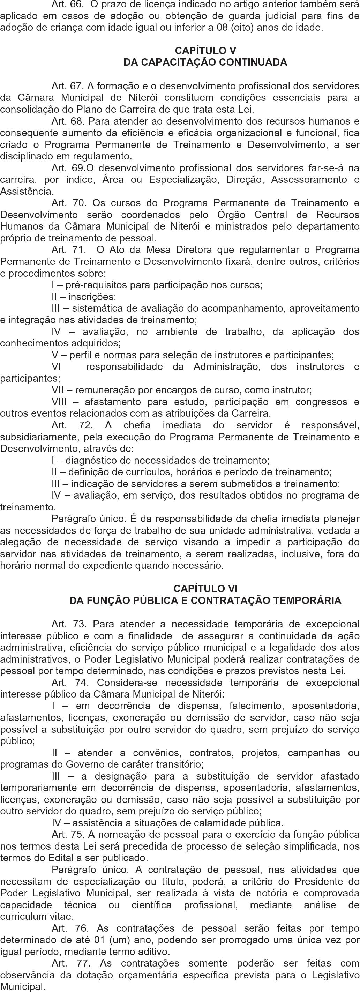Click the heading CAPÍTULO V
[x=205, y=51]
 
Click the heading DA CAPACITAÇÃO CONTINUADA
[x=205, y=62]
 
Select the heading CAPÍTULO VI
[x=205, y=588]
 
